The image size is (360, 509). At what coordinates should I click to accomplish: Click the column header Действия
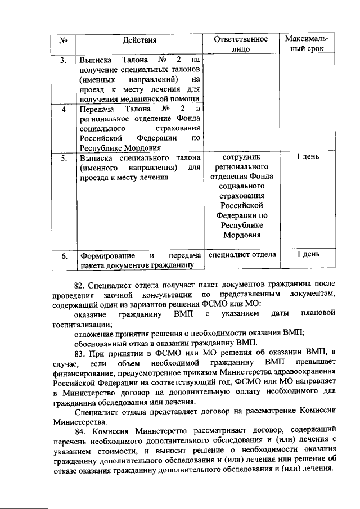coord(140,40)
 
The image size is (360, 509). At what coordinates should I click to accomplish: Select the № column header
coord(64,40)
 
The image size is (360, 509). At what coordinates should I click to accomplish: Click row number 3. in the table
coord(64,59)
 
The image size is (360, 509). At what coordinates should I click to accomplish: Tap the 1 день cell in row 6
coord(307,255)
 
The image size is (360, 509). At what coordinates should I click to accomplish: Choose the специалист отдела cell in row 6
coord(242,255)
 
